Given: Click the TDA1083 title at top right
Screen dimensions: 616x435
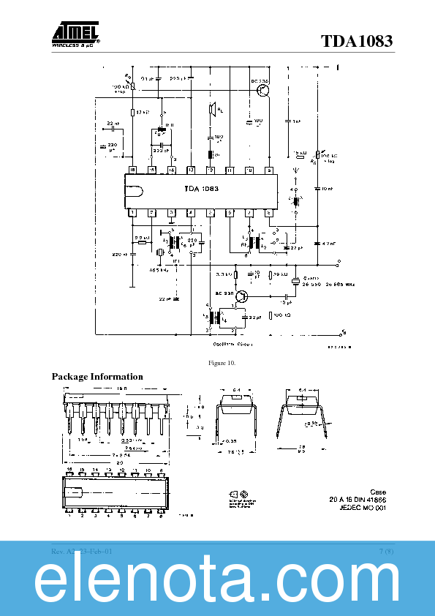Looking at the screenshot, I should click(356, 41).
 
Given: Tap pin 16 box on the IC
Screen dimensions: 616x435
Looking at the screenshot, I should click(132, 170).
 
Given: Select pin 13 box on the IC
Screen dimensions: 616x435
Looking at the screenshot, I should click(191, 170).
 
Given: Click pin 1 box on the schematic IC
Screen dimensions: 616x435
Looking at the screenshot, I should click(132, 213).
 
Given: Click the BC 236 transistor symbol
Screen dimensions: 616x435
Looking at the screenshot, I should click(263, 90).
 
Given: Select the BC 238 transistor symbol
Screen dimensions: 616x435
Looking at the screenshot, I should click(242, 296).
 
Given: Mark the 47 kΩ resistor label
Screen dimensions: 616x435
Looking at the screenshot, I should click(143, 113).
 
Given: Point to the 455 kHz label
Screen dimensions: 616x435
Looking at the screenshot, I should click(160, 270).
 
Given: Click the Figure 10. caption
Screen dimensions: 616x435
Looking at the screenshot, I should click(222, 364).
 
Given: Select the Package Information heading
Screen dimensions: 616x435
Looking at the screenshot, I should click(97, 377).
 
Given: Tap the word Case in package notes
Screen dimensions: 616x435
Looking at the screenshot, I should click(377, 492).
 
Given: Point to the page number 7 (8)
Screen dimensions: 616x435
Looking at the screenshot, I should click(386, 550).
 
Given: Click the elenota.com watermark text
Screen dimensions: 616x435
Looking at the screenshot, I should click(217, 583).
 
